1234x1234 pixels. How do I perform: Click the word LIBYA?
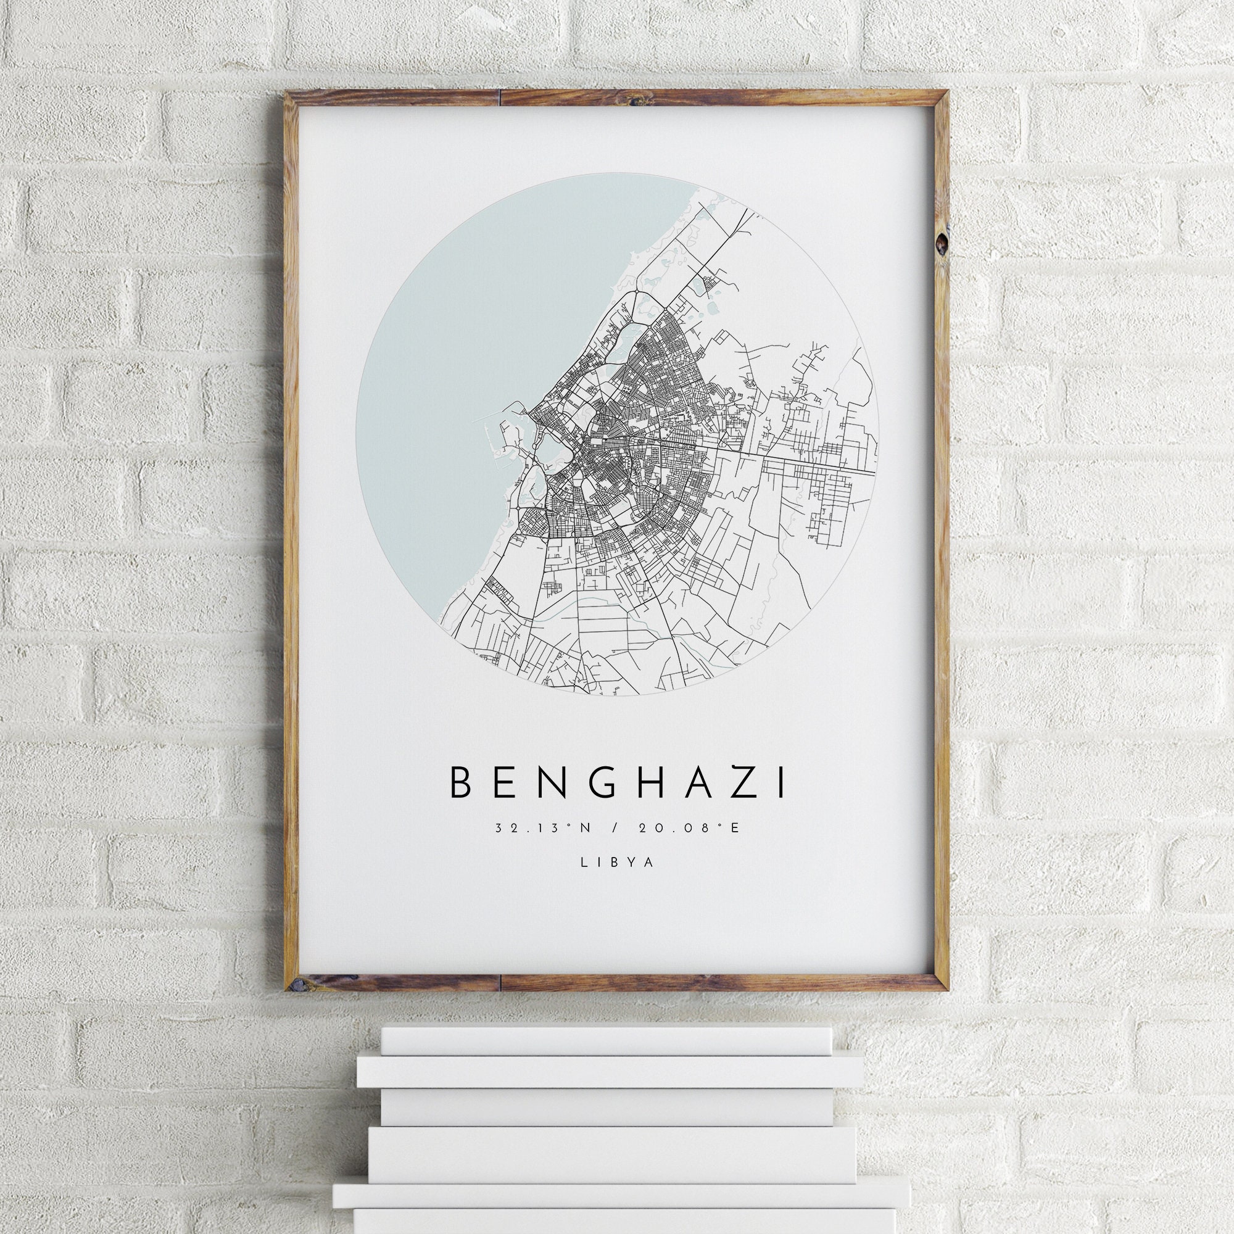point(617,861)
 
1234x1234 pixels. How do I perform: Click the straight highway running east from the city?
point(798,461)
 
